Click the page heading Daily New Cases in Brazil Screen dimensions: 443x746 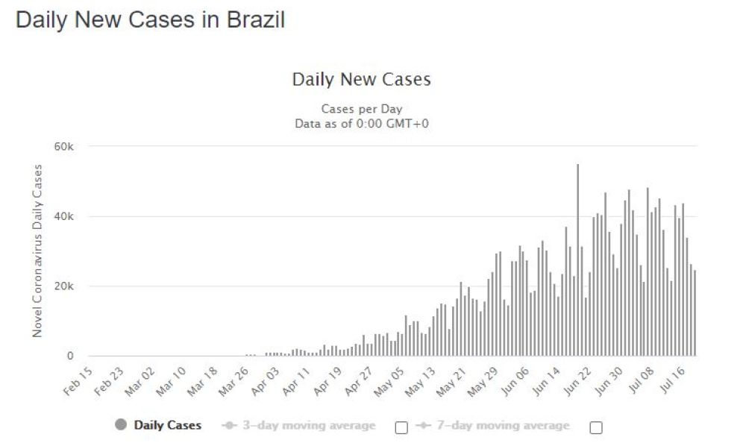pos(150,20)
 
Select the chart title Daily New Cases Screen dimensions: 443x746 pos(361,80)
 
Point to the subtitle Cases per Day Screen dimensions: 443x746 pos(361,109)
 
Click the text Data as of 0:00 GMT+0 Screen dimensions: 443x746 pos(361,123)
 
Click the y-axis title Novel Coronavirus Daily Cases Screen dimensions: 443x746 pos(38,250)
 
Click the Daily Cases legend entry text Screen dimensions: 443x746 pos(168,425)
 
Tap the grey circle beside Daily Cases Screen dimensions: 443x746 pos(121,425)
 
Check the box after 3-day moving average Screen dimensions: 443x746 pos(401,427)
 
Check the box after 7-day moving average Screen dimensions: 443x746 pos(595,427)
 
